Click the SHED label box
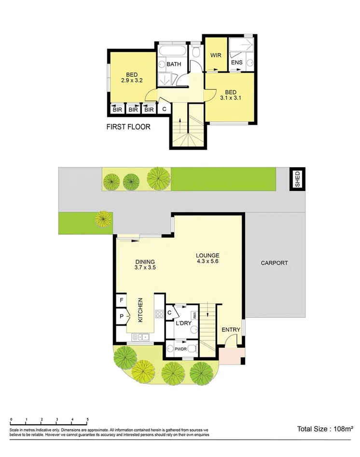coord(297,179)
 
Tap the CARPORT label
coord(274,263)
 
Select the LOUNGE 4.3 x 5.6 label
coord(208,259)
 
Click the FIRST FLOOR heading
coord(128,128)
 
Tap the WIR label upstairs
coord(215,55)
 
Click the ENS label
coord(236,63)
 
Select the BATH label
coord(173,64)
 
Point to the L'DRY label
coord(183,323)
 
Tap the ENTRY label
coord(231,330)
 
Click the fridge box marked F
coord(121,300)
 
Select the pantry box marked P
coord(121,317)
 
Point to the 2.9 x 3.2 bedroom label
coord(132,78)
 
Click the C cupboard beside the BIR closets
coord(164,109)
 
